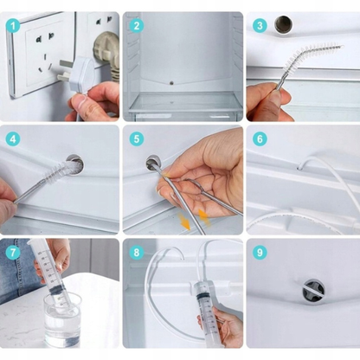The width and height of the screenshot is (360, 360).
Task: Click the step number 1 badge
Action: coord(13,26)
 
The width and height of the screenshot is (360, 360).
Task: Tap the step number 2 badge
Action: coord(137,26)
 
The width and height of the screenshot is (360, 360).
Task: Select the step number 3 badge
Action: coord(260,26)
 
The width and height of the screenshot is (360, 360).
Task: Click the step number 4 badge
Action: coord(13,139)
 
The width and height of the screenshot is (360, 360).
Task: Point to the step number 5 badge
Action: coord(137,139)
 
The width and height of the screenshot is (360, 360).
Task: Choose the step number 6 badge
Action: coord(260,139)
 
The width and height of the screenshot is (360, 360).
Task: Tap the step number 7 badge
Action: coord(13,253)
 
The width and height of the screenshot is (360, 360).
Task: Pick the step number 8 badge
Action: coord(137,253)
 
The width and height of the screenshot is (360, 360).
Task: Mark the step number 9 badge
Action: coord(260,253)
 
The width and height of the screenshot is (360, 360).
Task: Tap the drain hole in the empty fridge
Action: coord(171,83)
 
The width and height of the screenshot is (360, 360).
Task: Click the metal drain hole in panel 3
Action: coord(283,24)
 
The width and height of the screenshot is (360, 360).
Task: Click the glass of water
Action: coord(62,319)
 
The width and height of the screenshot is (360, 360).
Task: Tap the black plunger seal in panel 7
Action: coord(59,290)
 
